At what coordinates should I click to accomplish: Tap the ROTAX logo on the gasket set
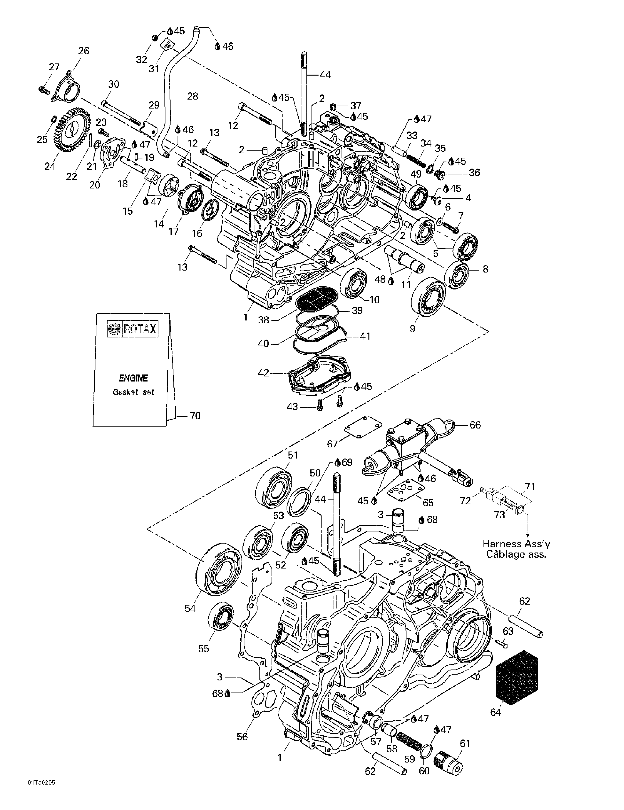click(x=133, y=329)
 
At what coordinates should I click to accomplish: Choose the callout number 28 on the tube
click(x=192, y=96)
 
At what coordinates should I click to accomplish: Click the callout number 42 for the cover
click(x=263, y=373)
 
